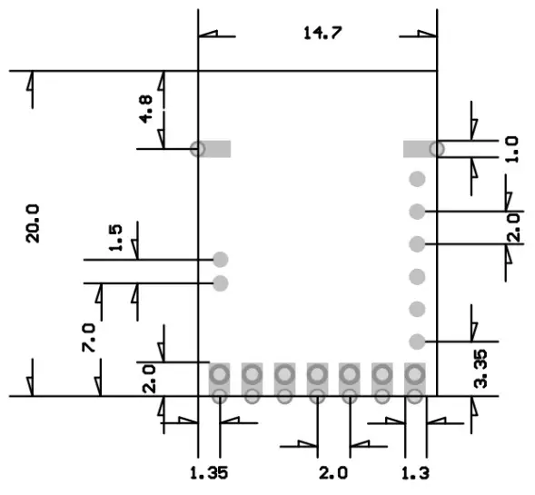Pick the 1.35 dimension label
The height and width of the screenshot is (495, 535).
click(x=208, y=472)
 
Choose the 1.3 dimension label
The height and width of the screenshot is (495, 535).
click(x=415, y=472)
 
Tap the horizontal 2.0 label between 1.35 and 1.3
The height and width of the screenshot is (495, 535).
click(x=333, y=472)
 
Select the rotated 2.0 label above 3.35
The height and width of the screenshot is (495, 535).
click(x=513, y=227)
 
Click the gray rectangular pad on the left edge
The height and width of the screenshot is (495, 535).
click(x=214, y=149)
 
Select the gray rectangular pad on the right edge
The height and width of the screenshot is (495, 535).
click(x=420, y=149)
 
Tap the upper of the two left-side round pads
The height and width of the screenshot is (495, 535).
click(x=220, y=260)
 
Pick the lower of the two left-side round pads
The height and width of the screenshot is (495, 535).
click(x=220, y=283)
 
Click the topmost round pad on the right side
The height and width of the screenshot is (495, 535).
click(x=417, y=179)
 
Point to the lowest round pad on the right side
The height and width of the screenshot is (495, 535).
click(x=417, y=342)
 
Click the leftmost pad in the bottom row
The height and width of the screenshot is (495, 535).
click(x=219, y=382)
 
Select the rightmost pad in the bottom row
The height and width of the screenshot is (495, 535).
click(x=415, y=382)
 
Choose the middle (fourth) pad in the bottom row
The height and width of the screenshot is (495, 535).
click(x=317, y=382)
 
